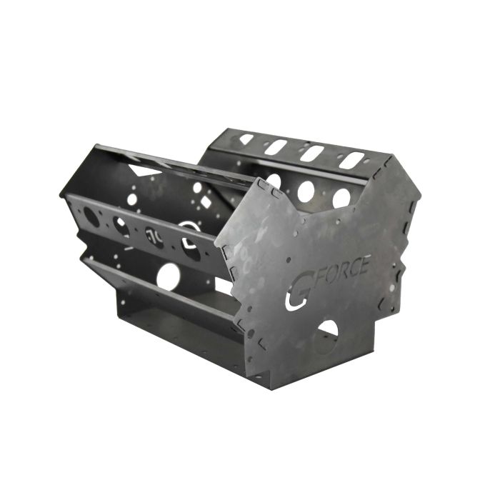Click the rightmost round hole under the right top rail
[x=341, y=197]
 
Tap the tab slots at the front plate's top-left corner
[x=265, y=187]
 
